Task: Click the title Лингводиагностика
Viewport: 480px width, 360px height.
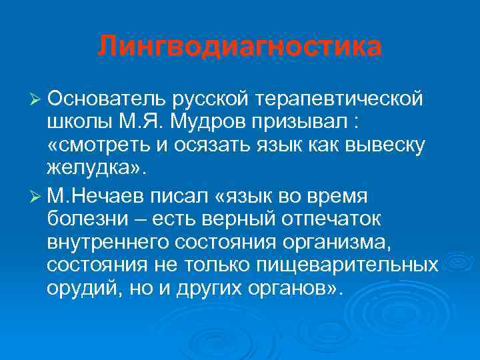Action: [240, 47]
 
